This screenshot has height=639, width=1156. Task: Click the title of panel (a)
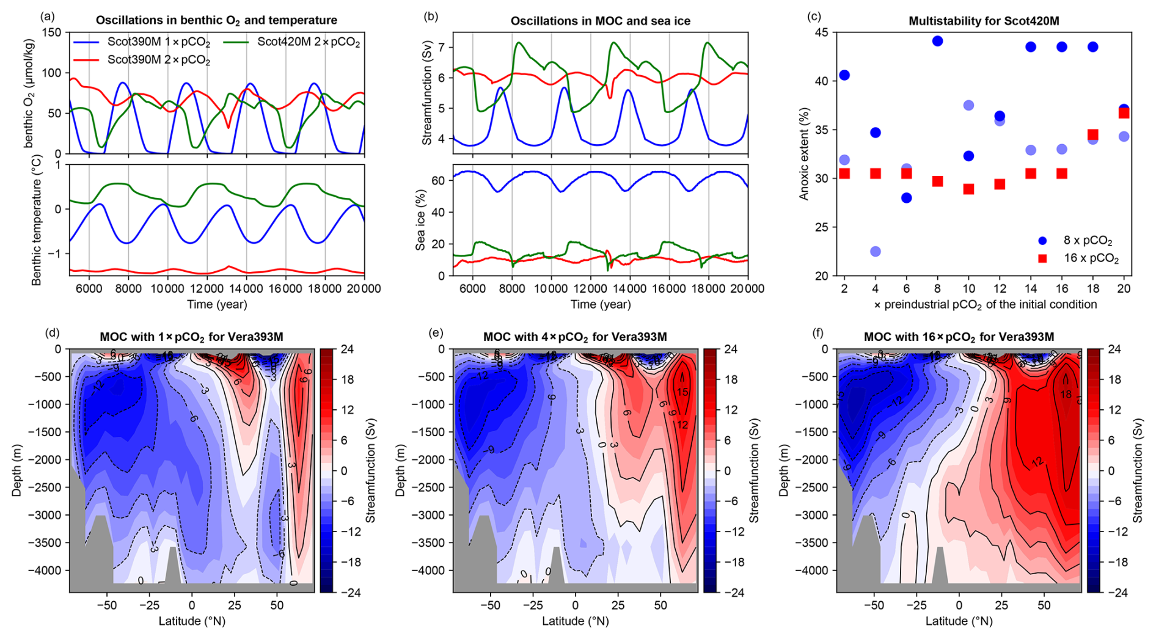(x=216, y=21)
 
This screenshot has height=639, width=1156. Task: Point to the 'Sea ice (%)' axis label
(x=420, y=220)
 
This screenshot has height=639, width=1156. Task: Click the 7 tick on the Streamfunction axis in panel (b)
(x=442, y=47)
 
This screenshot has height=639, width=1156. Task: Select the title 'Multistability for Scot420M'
(x=984, y=21)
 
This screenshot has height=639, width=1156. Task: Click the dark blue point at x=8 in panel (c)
(x=937, y=41)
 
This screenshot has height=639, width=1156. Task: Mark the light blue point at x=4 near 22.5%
(x=876, y=252)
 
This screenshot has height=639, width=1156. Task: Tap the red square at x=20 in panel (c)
(x=1124, y=113)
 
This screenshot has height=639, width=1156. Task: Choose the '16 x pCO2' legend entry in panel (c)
(x=1091, y=258)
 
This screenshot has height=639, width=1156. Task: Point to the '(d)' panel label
(x=53, y=333)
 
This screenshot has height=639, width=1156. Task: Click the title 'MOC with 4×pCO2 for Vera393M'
(x=574, y=337)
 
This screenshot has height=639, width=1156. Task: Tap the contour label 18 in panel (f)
(x=1065, y=395)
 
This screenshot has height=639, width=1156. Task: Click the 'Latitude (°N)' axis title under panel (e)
(x=575, y=621)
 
